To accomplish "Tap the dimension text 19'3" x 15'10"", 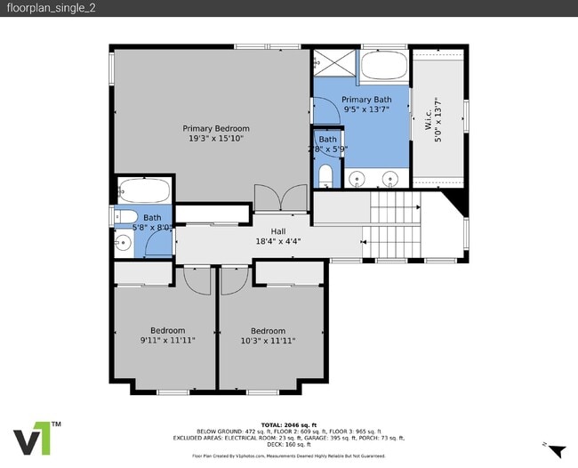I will click(216, 139).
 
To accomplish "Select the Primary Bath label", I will click(366, 100).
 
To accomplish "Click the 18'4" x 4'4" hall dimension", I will click(278, 240).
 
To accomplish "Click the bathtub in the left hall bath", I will click(143, 190).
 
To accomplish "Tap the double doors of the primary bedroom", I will click(279, 198).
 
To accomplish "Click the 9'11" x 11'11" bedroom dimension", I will click(167, 341).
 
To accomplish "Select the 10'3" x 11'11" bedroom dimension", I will click(268, 341).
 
